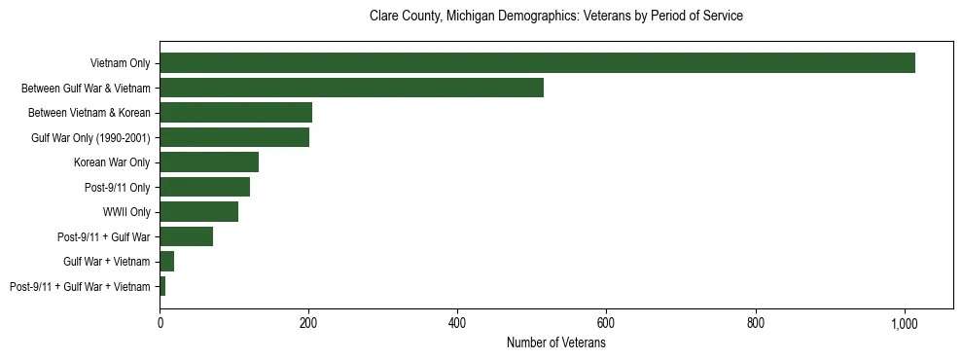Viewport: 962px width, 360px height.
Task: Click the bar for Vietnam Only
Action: pyautogui.click(x=537, y=63)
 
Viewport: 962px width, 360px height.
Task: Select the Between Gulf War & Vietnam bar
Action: pyautogui.click(x=351, y=89)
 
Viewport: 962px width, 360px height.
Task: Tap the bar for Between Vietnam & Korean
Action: pyautogui.click(x=235, y=113)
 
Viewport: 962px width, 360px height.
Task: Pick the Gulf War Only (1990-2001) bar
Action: pyautogui.click(x=234, y=138)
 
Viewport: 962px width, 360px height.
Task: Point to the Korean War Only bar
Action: pyautogui.click(x=209, y=162)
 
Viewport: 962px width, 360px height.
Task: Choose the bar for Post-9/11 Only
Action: pyautogui.click(x=204, y=187)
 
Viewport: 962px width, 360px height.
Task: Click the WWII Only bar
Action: pyautogui.click(x=198, y=212)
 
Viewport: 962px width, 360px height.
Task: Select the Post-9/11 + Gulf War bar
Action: pyautogui.click(x=186, y=236)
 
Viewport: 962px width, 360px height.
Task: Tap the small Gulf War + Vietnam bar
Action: pyautogui.click(x=166, y=262)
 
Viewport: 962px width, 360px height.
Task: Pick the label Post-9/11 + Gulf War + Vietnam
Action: pyautogui.click(x=80, y=287)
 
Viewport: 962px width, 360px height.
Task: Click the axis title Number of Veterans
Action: pyautogui.click(x=555, y=342)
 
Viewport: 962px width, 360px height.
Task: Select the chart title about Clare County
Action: pyautogui.click(x=555, y=17)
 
